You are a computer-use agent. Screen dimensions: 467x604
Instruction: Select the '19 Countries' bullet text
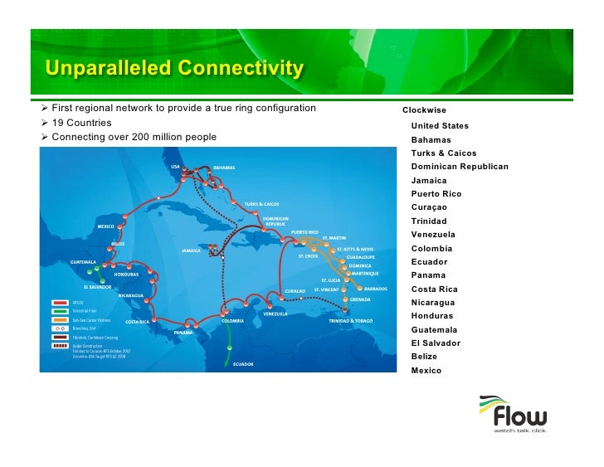(x=82, y=123)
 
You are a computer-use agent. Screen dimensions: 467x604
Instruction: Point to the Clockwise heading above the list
(x=424, y=110)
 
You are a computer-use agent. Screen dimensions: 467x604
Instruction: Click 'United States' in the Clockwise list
(x=440, y=126)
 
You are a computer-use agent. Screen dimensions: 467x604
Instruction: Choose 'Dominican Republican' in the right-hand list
(x=460, y=167)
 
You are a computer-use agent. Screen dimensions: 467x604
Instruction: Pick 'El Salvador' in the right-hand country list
(x=436, y=343)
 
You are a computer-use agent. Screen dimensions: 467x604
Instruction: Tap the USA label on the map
(x=175, y=167)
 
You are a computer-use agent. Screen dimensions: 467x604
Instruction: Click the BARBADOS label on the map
(x=375, y=289)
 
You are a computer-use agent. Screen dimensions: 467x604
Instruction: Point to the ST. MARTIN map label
(x=334, y=239)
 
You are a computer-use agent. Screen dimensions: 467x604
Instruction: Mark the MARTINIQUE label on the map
(x=364, y=273)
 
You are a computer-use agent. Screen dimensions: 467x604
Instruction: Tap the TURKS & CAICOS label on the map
(x=261, y=203)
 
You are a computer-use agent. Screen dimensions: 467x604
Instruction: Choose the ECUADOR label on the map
(x=243, y=364)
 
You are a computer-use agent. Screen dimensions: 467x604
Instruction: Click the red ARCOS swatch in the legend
(x=60, y=302)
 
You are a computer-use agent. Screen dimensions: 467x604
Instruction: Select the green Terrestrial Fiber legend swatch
(x=60, y=310)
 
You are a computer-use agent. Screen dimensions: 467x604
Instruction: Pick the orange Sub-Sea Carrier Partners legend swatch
(x=60, y=319)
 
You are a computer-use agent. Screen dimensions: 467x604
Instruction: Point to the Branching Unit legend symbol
(x=60, y=328)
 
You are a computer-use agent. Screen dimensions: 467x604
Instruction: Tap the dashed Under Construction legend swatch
(x=60, y=346)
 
